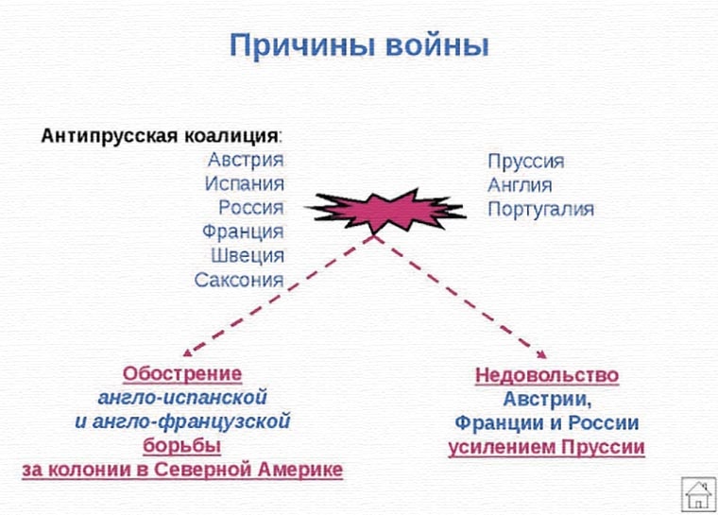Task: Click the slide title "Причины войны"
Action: (360, 45)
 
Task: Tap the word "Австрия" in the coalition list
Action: (246, 159)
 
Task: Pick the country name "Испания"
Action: (244, 183)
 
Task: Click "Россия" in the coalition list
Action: (250, 207)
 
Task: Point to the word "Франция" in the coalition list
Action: (243, 232)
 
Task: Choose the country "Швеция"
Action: (248, 255)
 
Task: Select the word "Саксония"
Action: (239, 280)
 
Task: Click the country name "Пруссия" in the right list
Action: (526, 161)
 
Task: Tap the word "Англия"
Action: (520, 185)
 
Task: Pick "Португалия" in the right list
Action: (540, 209)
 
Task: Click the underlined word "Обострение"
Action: (182, 372)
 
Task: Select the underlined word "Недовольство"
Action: (547, 375)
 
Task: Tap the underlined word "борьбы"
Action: (182, 445)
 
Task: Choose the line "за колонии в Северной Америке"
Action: (182, 470)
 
